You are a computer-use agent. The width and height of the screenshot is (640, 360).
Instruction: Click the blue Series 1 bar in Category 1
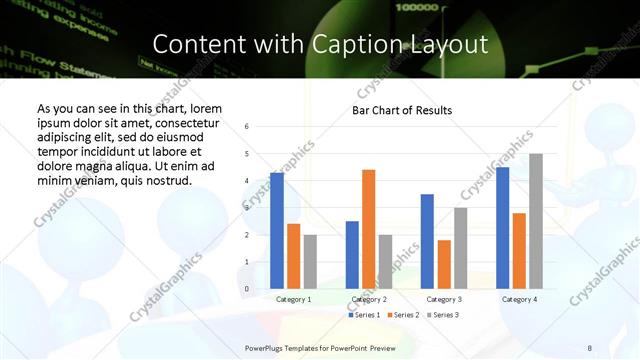click(276, 231)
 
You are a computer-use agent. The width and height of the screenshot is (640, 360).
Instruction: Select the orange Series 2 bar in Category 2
click(368, 229)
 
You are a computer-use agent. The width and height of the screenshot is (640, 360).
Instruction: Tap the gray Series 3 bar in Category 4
click(536, 221)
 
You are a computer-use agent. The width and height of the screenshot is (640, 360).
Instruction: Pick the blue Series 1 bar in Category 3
click(427, 241)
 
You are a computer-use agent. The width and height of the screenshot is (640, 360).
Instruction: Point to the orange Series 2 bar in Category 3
click(444, 264)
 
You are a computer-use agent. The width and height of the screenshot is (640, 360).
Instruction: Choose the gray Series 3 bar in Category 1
click(310, 262)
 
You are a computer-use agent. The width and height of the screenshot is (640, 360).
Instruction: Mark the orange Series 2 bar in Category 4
click(519, 251)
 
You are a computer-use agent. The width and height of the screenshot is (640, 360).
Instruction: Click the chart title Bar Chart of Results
click(402, 110)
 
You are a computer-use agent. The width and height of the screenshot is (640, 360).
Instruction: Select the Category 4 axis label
click(519, 299)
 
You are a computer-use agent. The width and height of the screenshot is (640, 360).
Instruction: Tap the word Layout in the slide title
click(446, 45)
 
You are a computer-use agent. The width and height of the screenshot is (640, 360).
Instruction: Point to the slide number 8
click(589, 348)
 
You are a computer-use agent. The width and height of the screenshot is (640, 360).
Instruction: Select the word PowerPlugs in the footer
click(267, 348)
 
